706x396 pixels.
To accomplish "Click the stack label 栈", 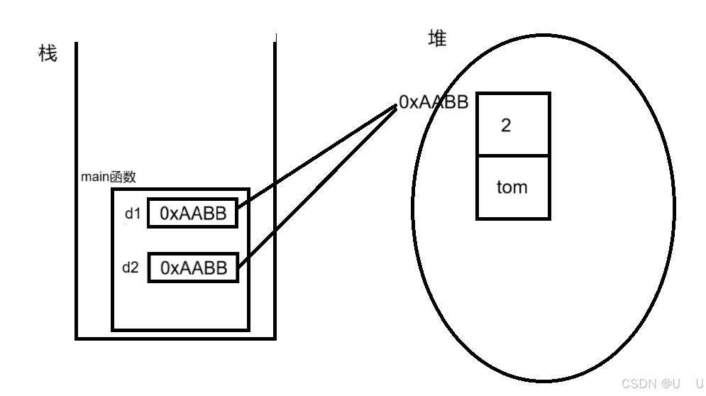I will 48,53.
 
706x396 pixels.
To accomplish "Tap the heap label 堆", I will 438,39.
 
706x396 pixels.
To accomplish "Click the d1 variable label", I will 133,214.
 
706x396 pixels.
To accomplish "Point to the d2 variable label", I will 130,268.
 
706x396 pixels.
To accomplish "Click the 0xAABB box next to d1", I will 193,214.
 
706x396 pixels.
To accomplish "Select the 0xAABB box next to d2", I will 193,268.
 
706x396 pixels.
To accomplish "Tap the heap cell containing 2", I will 512,124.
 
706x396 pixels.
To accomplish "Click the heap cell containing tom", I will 512,187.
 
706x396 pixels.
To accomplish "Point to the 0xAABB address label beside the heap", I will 433,102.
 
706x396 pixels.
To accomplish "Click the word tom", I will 512,188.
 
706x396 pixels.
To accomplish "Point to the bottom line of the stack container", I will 175,339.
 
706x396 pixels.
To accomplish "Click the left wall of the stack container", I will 77,192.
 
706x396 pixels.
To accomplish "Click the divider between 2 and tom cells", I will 512,155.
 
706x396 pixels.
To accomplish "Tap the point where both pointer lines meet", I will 396,106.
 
